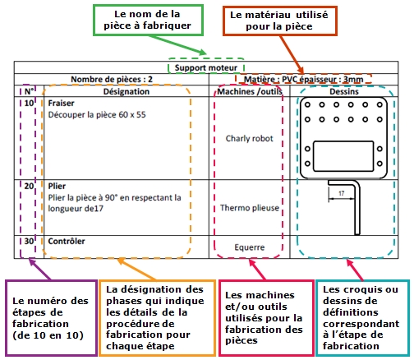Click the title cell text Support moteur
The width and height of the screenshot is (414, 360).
pos(206,67)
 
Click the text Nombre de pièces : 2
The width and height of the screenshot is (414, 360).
pos(112,80)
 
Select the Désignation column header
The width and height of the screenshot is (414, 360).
pos(126,91)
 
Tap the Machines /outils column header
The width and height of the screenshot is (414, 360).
pos(250,91)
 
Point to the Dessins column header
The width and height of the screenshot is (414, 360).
pos(344,91)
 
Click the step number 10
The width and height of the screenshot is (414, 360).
pos(29,104)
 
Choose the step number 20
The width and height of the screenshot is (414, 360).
pos(29,187)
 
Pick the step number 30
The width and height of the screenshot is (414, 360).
pos(29,242)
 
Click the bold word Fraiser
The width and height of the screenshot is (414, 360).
pos(61,104)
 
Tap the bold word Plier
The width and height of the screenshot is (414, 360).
pos(57,187)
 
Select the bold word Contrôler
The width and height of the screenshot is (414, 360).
pos(67,242)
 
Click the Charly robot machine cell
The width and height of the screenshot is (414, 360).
pos(249,139)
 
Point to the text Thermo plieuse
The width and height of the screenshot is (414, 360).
pos(250,208)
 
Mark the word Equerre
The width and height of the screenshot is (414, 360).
pos(250,247)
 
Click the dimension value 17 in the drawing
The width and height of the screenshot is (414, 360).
pos(341,193)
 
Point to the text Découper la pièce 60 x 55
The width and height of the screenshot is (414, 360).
pos(97,115)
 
